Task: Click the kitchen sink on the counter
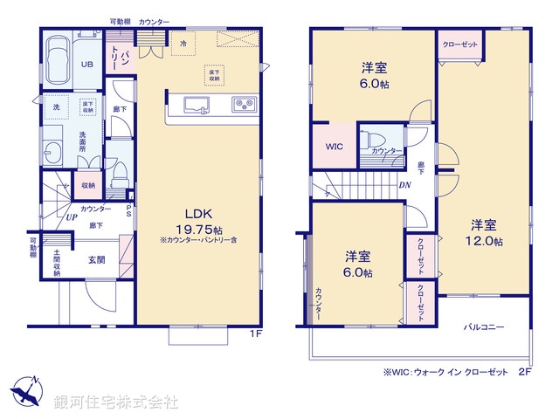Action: (196, 107)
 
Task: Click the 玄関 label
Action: (96, 259)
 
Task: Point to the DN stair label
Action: (406, 185)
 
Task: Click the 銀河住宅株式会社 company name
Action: (116, 402)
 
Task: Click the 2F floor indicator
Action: (524, 371)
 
